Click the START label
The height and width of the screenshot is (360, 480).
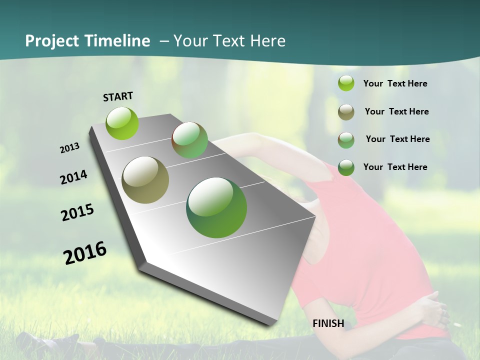118,96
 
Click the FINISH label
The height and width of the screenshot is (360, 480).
328,323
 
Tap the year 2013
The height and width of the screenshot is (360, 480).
69,148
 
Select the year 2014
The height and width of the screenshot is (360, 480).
73,177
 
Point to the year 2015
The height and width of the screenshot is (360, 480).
77,212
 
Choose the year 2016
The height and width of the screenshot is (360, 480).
85,252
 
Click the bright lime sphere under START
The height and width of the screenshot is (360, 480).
122,123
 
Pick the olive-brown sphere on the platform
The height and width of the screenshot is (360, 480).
145,180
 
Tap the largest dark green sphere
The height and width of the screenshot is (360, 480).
216,207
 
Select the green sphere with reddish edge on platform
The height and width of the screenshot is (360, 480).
189,140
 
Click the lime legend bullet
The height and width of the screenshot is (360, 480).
346,83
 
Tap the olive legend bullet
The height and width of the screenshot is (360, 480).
346,112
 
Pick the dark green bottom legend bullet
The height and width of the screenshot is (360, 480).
346,167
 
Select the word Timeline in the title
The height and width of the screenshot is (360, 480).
117,41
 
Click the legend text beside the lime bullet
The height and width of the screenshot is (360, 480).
395,83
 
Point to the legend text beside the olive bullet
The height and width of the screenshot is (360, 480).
396,111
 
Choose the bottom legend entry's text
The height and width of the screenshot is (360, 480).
395,167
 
